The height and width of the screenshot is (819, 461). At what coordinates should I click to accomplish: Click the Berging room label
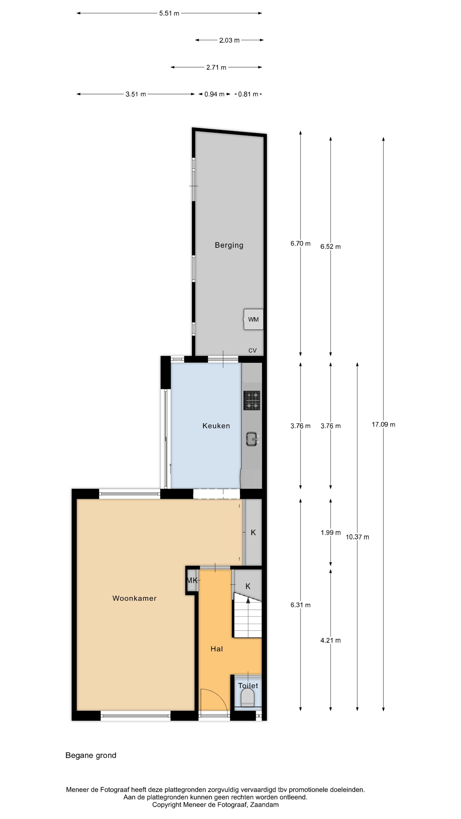[229, 245]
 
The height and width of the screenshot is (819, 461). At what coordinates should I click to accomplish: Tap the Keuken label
[216, 426]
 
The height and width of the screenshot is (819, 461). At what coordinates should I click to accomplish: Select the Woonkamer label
[134, 598]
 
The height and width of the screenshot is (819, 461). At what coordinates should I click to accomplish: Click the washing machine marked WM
[253, 319]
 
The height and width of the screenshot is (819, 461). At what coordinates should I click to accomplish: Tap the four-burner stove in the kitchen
[252, 400]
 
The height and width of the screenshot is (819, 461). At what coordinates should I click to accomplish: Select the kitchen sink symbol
[253, 439]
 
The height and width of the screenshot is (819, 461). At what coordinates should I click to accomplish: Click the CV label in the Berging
[252, 350]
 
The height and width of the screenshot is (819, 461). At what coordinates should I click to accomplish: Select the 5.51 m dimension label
[169, 13]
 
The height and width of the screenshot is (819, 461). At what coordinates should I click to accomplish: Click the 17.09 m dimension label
[383, 425]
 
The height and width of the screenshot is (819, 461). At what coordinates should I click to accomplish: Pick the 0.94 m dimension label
[214, 94]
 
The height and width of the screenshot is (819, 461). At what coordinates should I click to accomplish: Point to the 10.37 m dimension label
[357, 537]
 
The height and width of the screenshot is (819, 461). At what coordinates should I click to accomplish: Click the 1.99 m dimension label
[330, 533]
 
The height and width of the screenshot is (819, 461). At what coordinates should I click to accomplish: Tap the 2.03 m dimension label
[229, 40]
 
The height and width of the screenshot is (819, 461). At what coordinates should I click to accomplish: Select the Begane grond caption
[91, 755]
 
